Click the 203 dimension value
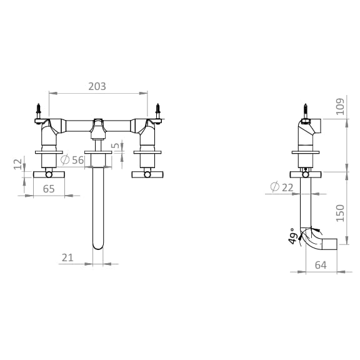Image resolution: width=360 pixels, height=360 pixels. tap(97, 86)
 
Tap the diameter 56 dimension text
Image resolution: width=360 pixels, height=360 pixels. tap(74, 161)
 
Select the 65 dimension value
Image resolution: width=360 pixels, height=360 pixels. tap(49, 188)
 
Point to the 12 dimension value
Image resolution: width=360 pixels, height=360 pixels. tap(17, 165)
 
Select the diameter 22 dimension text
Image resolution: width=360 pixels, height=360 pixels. tap(282, 187)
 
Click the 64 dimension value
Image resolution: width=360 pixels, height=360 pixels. tap(321, 265)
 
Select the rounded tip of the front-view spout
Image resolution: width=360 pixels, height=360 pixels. tap(97, 245)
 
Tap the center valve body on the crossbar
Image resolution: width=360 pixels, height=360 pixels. tap(97, 127)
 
